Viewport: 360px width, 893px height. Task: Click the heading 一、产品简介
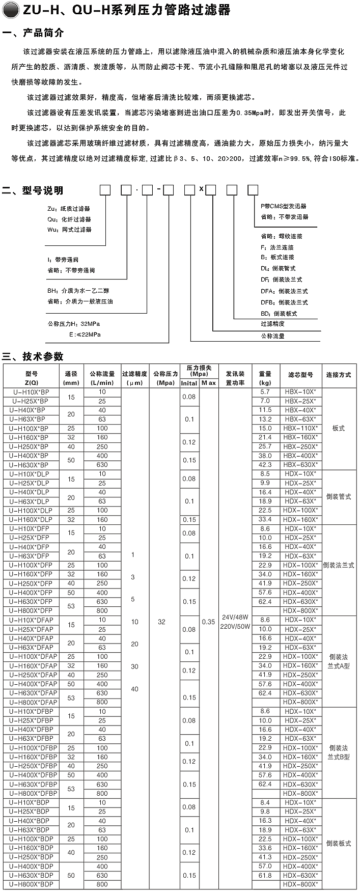(x=34, y=34)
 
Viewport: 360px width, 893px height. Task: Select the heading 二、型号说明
(x=34, y=191)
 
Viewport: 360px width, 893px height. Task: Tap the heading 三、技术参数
(x=33, y=356)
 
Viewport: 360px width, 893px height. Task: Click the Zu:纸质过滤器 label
(x=69, y=209)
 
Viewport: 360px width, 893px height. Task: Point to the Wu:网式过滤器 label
(x=69, y=230)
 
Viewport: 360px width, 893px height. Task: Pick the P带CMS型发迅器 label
(x=284, y=206)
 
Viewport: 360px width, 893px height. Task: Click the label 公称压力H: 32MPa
(x=74, y=324)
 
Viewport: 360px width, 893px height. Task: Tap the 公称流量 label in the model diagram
(x=272, y=336)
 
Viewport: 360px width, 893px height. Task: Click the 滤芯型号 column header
(x=300, y=375)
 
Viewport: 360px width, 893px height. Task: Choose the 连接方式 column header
(x=339, y=375)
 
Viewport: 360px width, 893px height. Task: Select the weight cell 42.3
(x=265, y=465)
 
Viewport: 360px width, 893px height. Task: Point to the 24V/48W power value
(x=235, y=618)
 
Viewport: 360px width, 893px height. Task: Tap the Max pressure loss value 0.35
(x=208, y=622)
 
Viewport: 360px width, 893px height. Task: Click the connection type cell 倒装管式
(x=339, y=497)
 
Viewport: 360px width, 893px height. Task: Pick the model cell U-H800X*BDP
(x=31, y=884)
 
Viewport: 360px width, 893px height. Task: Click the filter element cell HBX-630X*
(x=300, y=465)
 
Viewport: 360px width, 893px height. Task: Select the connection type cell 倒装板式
(x=339, y=844)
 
